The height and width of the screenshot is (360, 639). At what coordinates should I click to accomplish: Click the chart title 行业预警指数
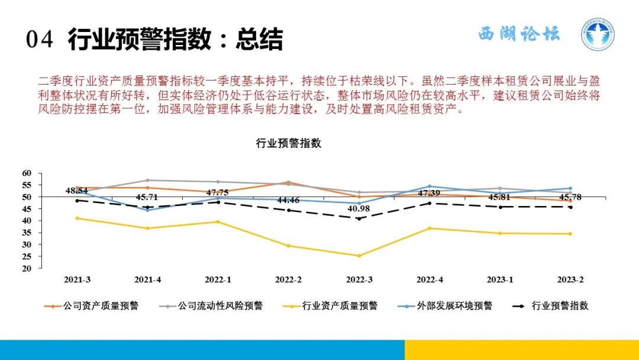pyautogui.click(x=288, y=144)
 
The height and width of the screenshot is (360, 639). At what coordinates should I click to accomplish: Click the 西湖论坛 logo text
pyautogui.click(x=519, y=34)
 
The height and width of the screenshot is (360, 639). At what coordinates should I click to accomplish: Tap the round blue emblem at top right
pyautogui.click(x=597, y=34)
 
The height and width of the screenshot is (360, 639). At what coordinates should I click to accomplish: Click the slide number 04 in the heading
pyautogui.click(x=40, y=40)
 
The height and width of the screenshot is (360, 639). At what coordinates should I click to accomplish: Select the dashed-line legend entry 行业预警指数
pyautogui.click(x=560, y=306)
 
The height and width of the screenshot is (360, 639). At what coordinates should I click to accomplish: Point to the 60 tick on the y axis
pyautogui.click(x=27, y=173)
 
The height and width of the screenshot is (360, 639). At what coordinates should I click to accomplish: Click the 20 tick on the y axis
pyautogui.click(x=27, y=268)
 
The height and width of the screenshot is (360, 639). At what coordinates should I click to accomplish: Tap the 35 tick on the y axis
pyautogui.click(x=27, y=232)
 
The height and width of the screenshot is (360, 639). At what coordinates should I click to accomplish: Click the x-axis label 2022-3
pyautogui.click(x=358, y=279)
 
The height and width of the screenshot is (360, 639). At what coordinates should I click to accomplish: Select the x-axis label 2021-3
pyautogui.click(x=77, y=279)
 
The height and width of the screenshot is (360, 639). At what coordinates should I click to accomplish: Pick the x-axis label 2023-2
pyautogui.click(x=570, y=279)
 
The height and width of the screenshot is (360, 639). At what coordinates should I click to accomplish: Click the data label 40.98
pyautogui.click(x=359, y=209)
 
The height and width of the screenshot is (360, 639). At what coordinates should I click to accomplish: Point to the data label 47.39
pyautogui.click(x=430, y=194)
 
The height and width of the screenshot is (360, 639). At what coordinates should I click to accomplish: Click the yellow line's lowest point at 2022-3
pyautogui.click(x=359, y=256)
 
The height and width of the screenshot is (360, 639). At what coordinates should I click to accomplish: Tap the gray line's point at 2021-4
pyautogui.click(x=147, y=180)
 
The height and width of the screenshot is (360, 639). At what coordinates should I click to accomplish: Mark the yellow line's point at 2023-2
pyautogui.click(x=570, y=234)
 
